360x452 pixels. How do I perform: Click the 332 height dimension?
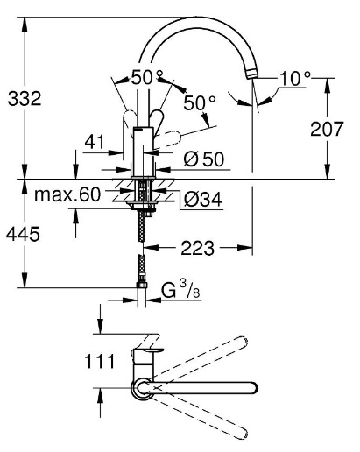25,98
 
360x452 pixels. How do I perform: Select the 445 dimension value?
23,234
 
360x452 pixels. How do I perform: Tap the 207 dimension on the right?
327,129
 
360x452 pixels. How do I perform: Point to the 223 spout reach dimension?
198,248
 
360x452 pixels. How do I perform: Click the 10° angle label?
295,78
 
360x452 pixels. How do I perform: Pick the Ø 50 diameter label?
204,159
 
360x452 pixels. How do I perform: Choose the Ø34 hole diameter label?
203,200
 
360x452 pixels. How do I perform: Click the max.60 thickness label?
67,194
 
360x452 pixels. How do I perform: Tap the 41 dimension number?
95,142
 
